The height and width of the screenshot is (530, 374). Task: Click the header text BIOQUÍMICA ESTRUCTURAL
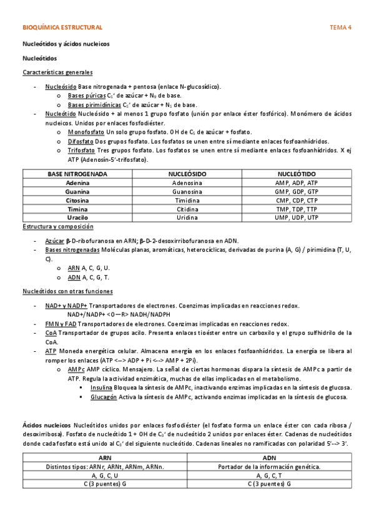click(x=62, y=28)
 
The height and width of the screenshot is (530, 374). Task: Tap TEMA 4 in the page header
click(x=340, y=28)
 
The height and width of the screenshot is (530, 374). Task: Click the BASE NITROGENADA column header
click(x=77, y=173)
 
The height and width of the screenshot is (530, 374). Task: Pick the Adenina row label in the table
click(x=77, y=182)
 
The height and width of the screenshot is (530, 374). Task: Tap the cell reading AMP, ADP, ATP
click(x=296, y=182)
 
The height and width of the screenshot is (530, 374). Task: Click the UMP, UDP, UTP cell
click(x=296, y=217)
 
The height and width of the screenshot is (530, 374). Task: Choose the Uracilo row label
click(x=77, y=217)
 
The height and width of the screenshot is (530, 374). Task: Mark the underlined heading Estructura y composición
click(x=57, y=226)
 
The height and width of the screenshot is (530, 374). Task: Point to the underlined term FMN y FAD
click(x=61, y=324)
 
